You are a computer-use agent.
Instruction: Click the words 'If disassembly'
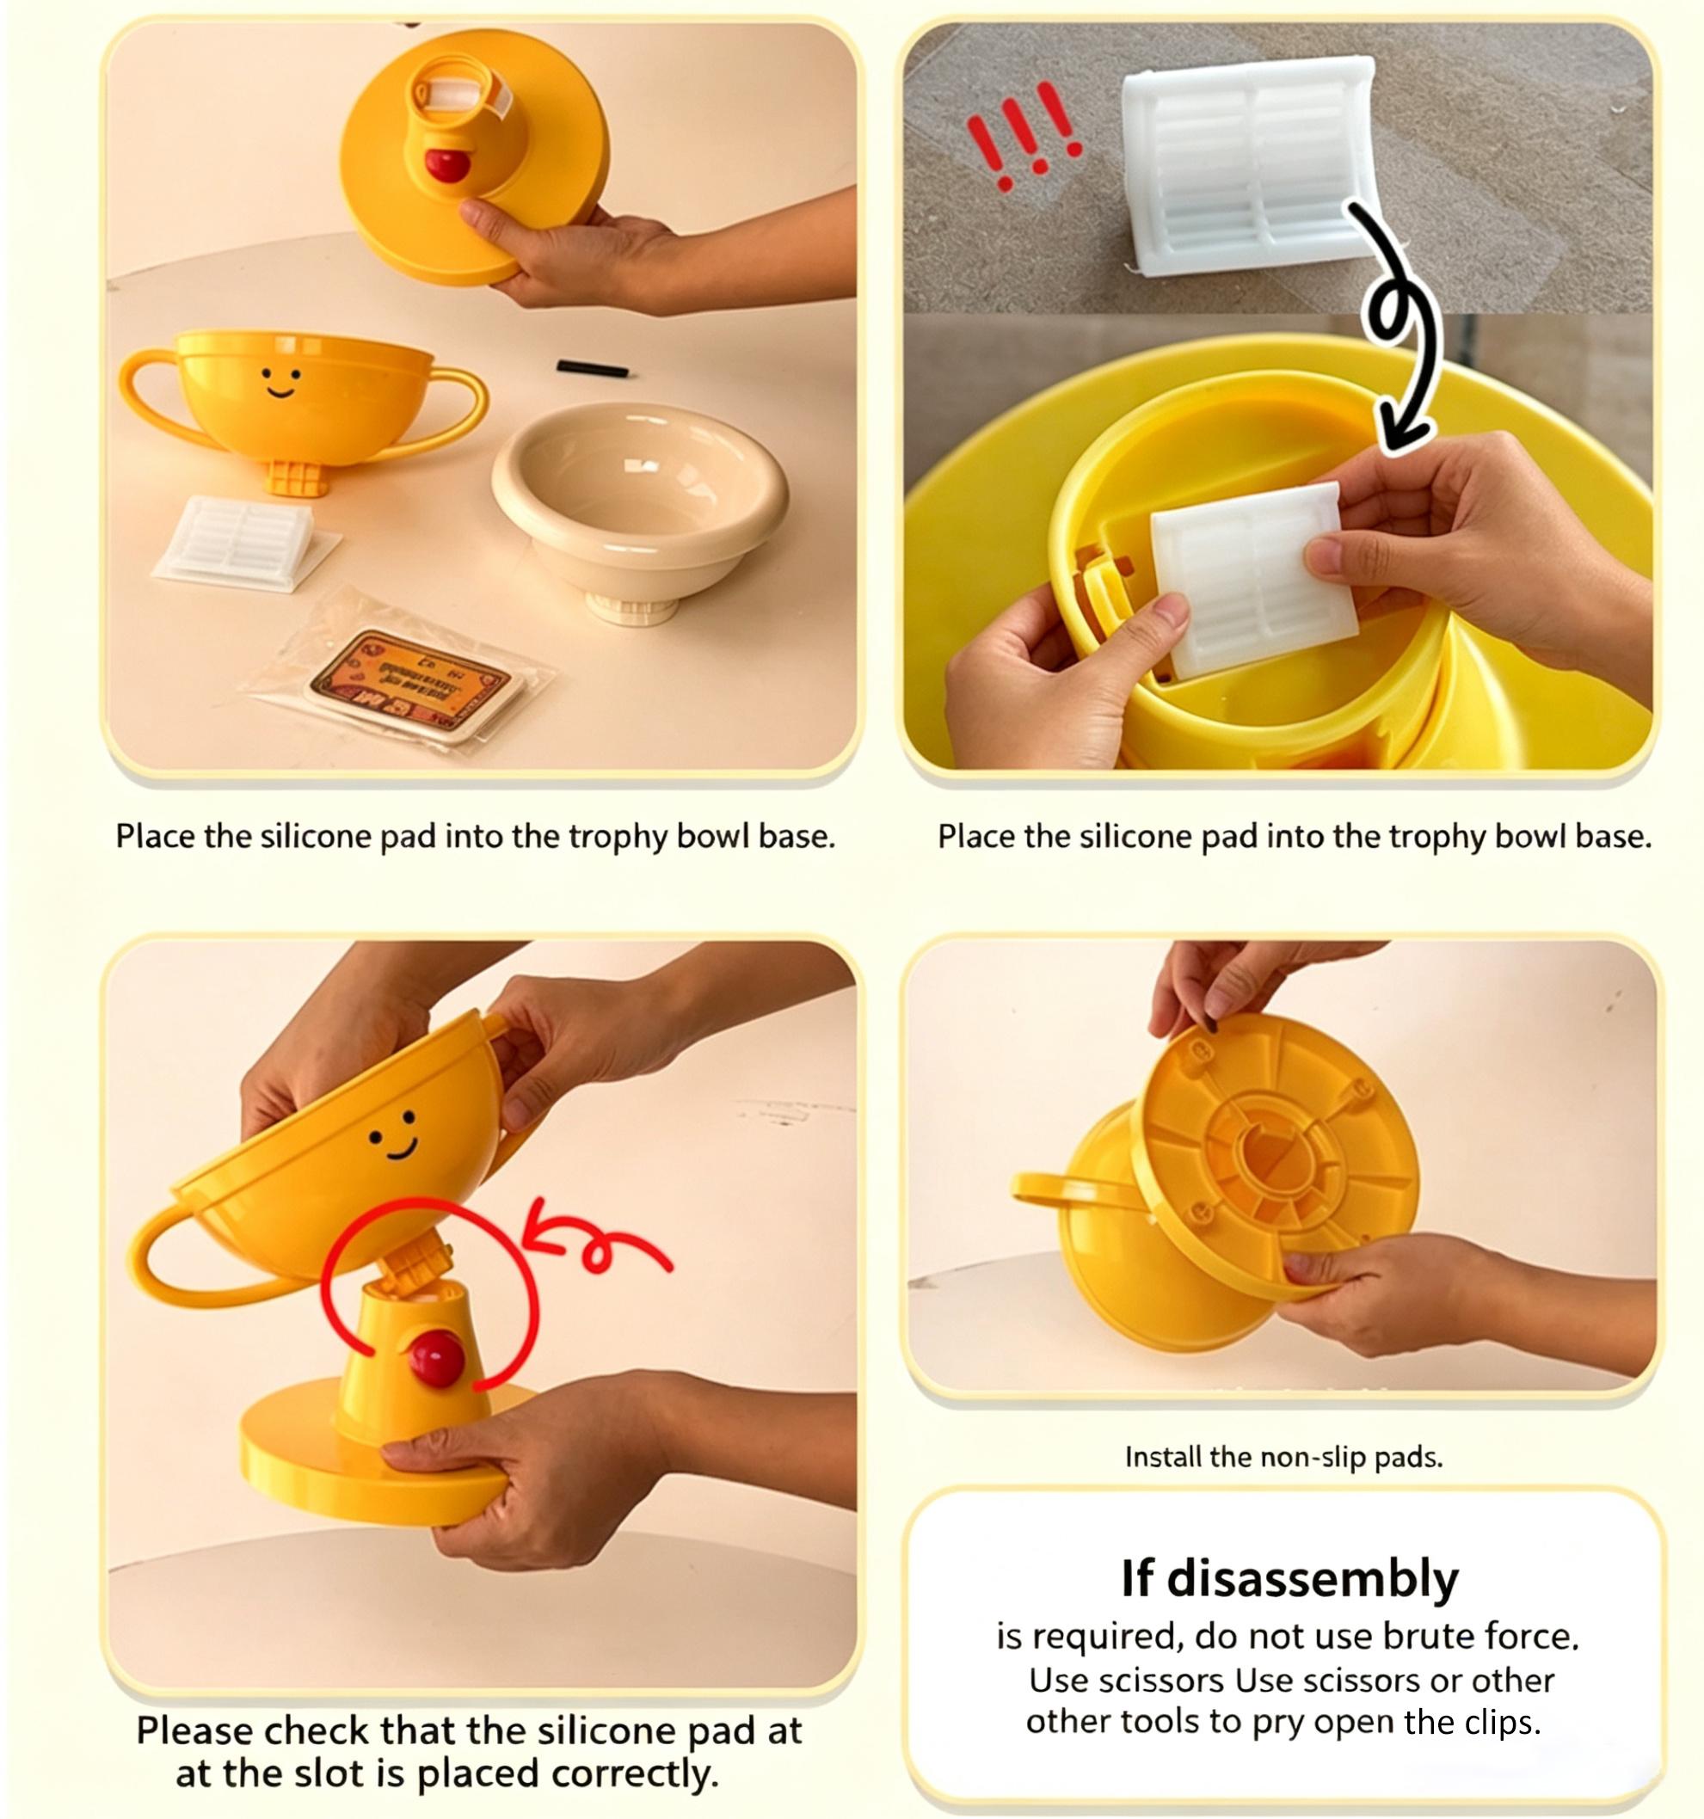pos(1289,1579)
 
